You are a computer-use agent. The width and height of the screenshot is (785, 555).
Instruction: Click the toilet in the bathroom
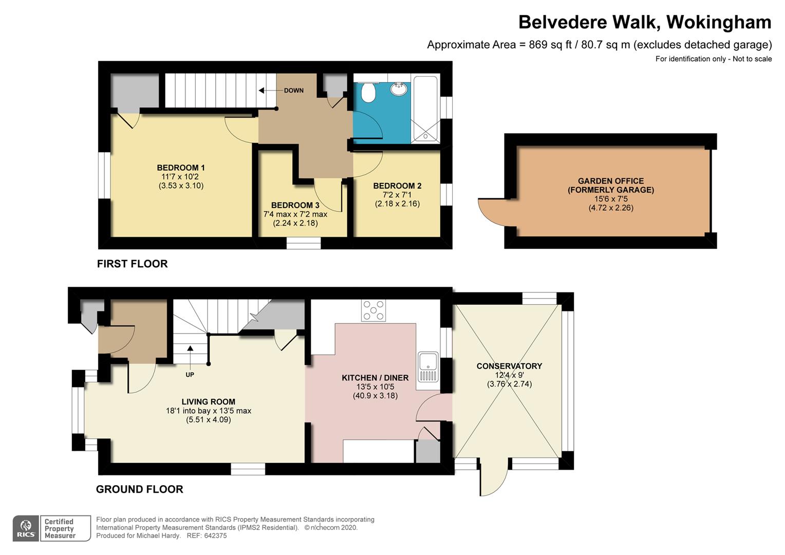pyautogui.click(x=368, y=92)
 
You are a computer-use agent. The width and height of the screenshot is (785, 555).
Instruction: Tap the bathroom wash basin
pyautogui.click(x=399, y=89)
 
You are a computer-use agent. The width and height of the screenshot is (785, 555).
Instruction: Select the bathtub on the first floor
pyautogui.click(x=425, y=109)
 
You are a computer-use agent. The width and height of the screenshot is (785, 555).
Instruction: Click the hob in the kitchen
pyautogui.click(x=373, y=310)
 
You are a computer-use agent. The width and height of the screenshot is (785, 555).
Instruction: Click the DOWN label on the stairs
pyautogui.click(x=294, y=90)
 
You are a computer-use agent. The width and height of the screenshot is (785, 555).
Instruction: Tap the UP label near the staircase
pyautogui.click(x=190, y=375)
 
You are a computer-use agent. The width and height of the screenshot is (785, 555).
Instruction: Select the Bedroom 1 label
pyautogui.click(x=181, y=168)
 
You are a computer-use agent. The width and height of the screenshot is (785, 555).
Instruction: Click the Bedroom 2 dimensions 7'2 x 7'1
pyautogui.click(x=397, y=195)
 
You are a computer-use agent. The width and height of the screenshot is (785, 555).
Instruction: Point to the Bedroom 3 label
pyautogui.click(x=295, y=205)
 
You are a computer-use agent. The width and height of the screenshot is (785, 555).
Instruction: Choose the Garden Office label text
pyautogui.click(x=611, y=186)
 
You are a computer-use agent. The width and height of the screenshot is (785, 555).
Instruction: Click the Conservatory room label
pyautogui.click(x=509, y=366)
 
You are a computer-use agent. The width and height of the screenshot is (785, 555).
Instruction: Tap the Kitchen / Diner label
pyautogui.click(x=376, y=378)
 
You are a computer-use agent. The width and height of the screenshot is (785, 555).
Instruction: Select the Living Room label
pyautogui.click(x=209, y=402)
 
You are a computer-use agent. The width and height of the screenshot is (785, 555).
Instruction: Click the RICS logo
pyautogui.click(x=26, y=528)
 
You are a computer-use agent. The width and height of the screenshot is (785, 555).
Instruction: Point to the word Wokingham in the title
pyautogui.click(x=719, y=22)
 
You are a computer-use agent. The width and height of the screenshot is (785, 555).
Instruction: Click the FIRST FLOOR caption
pyautogui.click(x=133, y=264)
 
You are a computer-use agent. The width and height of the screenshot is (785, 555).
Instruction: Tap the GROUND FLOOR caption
pyautogui.click(x=139, y=489)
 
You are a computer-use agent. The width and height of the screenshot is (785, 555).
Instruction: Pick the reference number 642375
pyautogui.click(x=215, y=535)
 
